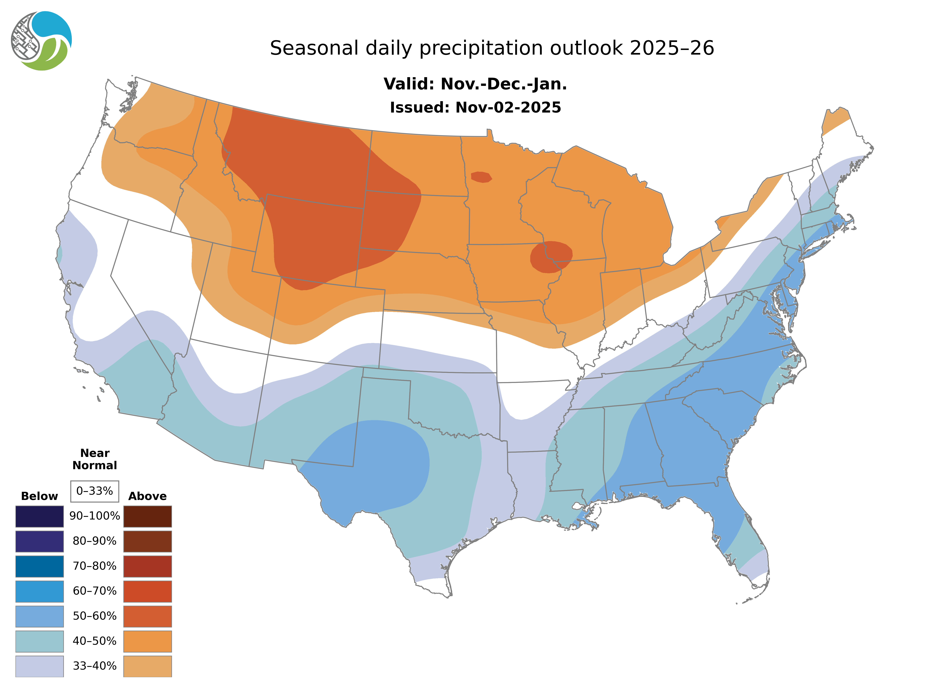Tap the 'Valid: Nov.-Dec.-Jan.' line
click(x=475, y=84)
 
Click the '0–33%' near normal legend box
click(x=95, y=491)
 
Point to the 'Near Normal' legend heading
click(x=95, y=459)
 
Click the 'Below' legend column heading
click(x=39, y=496)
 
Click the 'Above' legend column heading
click(x=147, y=496)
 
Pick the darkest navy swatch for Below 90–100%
click(x=39, y=516)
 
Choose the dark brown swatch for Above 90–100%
click(x=147, y=516)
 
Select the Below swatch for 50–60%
click(x=39, y=616)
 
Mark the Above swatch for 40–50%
click(x=147, y=641)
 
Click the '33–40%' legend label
click(x=95, y=666)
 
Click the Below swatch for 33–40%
click(x=39, y=666)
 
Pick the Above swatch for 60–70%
click(x=147, y=591)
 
